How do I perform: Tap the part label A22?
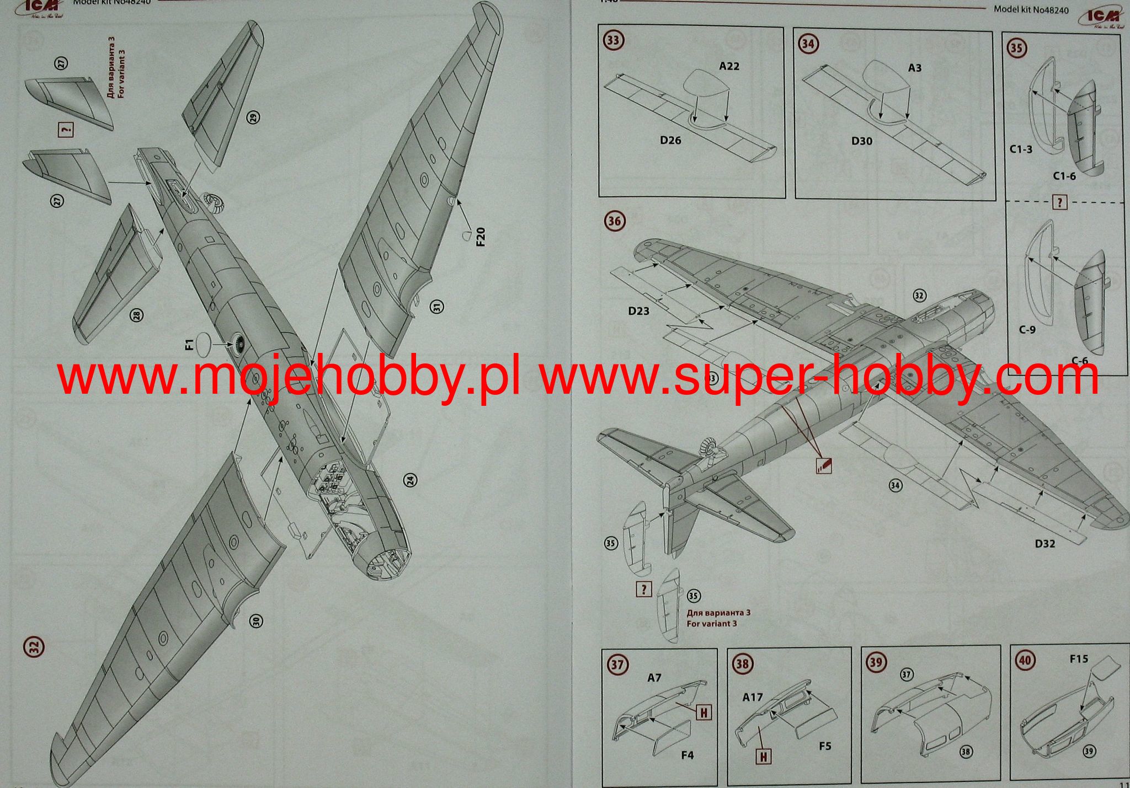click(x=729, y=66)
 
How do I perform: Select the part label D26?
click(x=670, y=141)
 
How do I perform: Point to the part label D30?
click(x=861, y=141)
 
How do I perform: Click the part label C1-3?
click(x=1021, y=149)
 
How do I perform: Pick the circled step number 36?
click(x=614, y=221)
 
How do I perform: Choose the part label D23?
click(x=638, y=311)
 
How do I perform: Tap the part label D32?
click(x=1044, y=544)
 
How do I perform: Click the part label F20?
click(x=481, y=237)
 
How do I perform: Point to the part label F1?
click(x=188, y=346)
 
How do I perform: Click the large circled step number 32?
click(x=33, y=646)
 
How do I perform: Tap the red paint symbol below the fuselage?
click(x=823, y=466)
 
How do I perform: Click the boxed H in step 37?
click(x=703, y=712)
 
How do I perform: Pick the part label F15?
click(x=1078, y=658)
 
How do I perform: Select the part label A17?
click(x=753, y=697)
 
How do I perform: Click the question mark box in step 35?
click(x=1059, y=202)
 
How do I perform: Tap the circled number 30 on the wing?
click(x=255, y=621)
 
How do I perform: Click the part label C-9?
click(x=1026, y=330)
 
